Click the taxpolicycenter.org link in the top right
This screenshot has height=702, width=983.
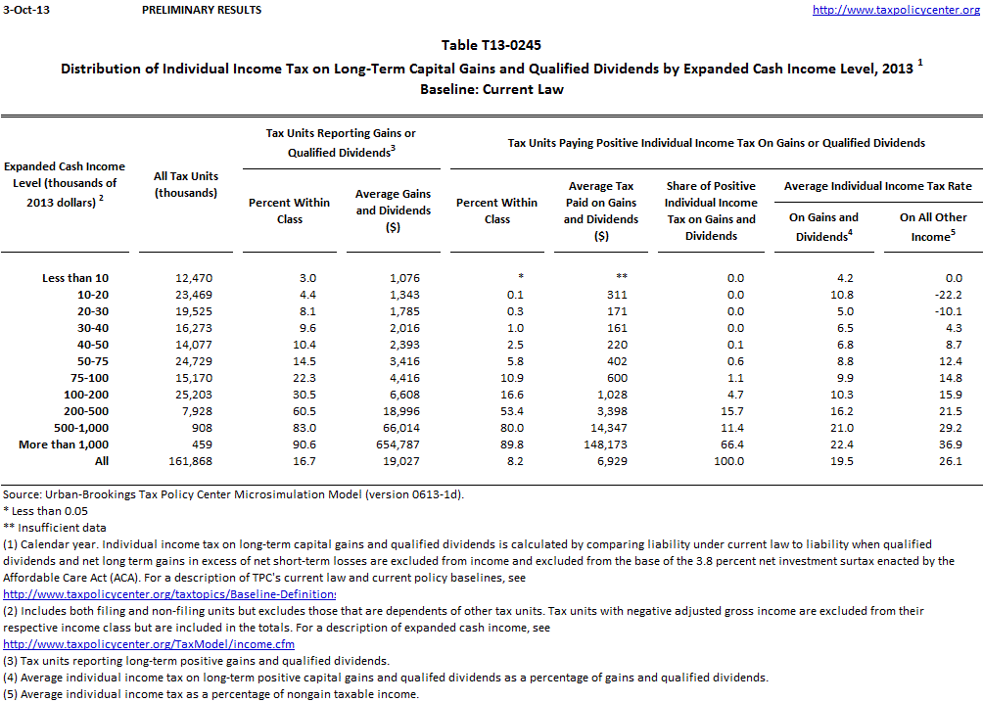[897, 10]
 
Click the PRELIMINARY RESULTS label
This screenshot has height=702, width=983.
[202, 10]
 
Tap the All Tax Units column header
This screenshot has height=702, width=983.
[186, 185]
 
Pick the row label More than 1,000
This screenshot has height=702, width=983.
[61, 445]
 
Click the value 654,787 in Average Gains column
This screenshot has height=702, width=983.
[407, 445]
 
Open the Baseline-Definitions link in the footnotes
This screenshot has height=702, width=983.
[169, 594]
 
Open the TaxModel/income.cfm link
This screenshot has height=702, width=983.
[149, 644]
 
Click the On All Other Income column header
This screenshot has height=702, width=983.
[933, 226]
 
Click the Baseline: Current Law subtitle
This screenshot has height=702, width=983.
[491, 89]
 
